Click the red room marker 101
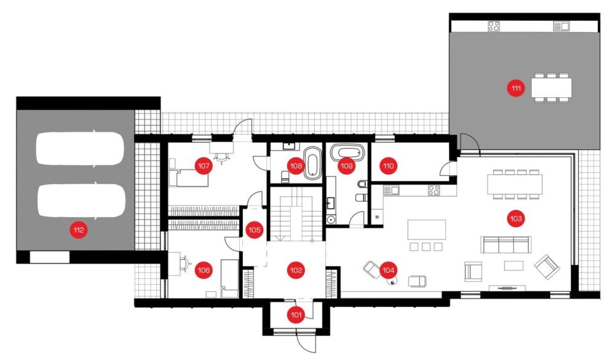coord(296,315)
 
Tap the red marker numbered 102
coord(296,270)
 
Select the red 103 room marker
coord(516,218)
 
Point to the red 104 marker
coord(388,270)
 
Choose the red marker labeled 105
coord(255,230)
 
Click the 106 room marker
coord(204,270)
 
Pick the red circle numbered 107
coord(204,166)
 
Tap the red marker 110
coord(388,166)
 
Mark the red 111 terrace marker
coord(516,89)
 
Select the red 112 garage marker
coord(79,230)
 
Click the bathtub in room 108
coord(312,163)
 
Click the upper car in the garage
coord(80,148)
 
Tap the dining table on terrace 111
coord(552,87)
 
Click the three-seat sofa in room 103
coord(506,244)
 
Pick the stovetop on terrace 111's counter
coord(494,26)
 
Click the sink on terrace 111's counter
coord(561,26)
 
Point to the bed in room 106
coord(229,278)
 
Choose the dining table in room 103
coord(515,185)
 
